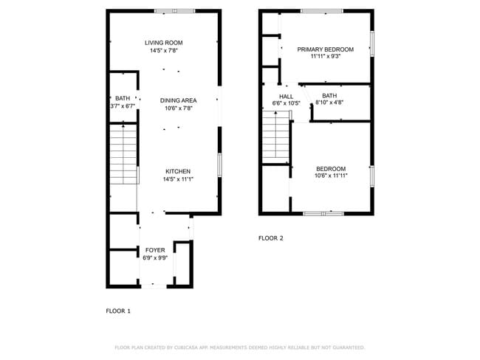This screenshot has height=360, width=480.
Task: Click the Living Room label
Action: (163, 43)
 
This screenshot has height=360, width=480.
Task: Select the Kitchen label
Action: (177, 170)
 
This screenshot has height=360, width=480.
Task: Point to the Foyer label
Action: (155, 250)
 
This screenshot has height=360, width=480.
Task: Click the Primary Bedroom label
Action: (325, 49)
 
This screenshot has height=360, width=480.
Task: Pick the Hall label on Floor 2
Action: (287, 96)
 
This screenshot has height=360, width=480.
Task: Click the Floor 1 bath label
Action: (123, 98)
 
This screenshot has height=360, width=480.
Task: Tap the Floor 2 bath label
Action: (329, 95)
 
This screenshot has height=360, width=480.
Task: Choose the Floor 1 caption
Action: (118, 311)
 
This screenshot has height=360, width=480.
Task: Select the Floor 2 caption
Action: (270, 238)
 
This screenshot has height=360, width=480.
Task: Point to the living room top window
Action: (174, 10)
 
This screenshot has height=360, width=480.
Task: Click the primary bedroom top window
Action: (321, 10)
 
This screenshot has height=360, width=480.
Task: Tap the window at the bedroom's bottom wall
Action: (323, 213)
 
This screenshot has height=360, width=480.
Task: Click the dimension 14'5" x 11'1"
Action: (177, 179)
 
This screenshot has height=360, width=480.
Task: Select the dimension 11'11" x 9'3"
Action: (325, 57)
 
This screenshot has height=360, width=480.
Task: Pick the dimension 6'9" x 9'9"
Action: (155, 258)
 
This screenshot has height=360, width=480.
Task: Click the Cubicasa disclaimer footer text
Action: (239, 347)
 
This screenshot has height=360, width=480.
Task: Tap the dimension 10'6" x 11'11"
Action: (331, 176)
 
